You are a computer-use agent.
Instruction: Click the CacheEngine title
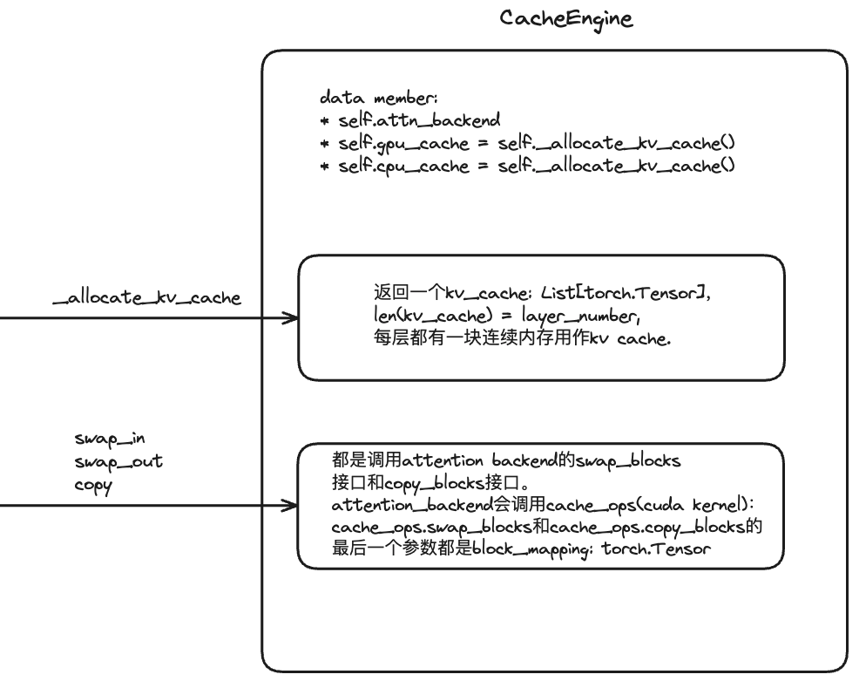tap(566, 18)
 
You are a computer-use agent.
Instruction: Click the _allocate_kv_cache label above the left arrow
tap(146, 298)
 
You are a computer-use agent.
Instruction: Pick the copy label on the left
tap(93, 485)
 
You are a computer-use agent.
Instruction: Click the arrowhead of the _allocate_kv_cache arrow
tap(291, 318)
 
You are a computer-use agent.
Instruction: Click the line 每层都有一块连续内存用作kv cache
tap(521, 339)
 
